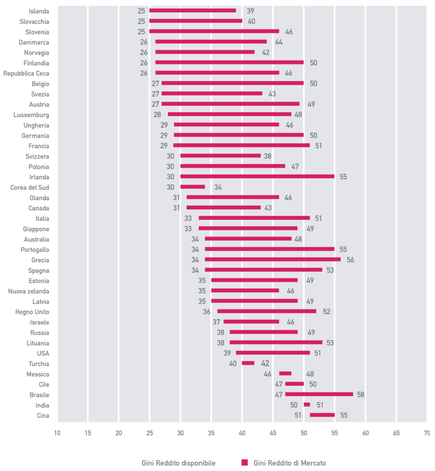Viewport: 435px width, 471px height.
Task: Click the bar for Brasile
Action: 319,394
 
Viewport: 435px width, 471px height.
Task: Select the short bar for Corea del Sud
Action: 192,187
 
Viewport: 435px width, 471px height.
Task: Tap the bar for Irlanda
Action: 257,176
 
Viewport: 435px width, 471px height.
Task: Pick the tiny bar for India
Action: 307,405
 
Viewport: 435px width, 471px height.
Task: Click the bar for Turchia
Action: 248,363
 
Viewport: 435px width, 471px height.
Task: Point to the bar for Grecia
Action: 273,259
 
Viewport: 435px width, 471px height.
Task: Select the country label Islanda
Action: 39,11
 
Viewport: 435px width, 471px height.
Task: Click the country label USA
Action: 43,353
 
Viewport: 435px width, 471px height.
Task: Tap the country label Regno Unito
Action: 32,312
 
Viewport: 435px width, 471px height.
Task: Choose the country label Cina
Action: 42,415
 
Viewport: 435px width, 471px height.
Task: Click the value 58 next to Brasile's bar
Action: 361,395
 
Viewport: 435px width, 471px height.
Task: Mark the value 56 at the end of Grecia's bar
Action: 350,260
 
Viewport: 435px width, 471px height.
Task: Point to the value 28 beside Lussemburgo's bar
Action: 157,115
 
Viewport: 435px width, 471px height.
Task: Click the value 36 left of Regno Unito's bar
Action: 207,312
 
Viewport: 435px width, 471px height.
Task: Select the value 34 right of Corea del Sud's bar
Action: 218,187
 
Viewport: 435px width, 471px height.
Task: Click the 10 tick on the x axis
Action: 57,433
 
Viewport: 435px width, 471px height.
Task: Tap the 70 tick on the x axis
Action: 427,433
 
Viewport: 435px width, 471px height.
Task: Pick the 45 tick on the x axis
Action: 273,433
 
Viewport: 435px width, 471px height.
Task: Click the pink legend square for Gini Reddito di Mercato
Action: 244,462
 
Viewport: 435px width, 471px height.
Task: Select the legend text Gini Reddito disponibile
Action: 178,463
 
